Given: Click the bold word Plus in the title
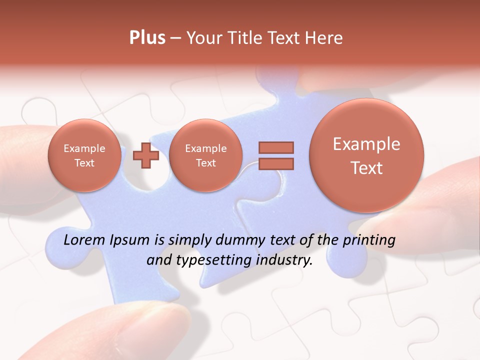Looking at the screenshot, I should pyautogui.click(x=147, y=38).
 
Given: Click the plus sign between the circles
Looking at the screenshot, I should pyautogui.click(x=146, y=155).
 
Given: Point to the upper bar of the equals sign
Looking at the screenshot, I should pyautogui.click(x=276, y=147).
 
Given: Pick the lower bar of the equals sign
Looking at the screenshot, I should pyautogui.click(x=276, y=164).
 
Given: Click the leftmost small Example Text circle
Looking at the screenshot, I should pyautogui.click(x=84, y=155).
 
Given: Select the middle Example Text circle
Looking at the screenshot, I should pyautogui.click(x=205, y=155).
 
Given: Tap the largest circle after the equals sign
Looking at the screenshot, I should pyautogui.click(x=366, y=155).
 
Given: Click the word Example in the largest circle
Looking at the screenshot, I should pyautogui.click(x=366, y=144).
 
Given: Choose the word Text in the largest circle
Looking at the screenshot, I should pyautogui.click(x=366, y=168).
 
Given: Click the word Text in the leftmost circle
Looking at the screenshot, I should pyautogui.click(x=84, y=163).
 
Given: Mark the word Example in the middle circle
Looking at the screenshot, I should pyautogui.click(x=205, y=148).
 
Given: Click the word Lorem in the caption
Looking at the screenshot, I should pyautogui.click(x=84, y=240).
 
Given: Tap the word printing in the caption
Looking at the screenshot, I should pyautogui.click(x=368, y=240).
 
